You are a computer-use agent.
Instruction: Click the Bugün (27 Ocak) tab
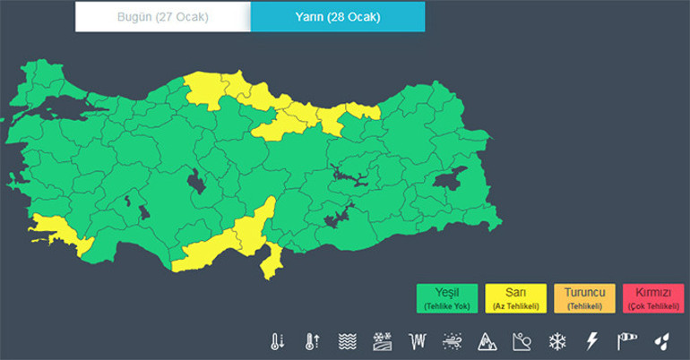coord(162,17)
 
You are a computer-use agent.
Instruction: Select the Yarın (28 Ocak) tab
coord(337,17)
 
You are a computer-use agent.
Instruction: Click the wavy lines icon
coord(348,341)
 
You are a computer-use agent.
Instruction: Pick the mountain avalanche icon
coord(487,341)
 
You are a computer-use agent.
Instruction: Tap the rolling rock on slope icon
coord(522,341)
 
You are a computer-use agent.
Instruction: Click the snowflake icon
coord(557,341)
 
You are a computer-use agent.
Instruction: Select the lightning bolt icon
coord(591,341)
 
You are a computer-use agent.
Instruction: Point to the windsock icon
coord(626,341)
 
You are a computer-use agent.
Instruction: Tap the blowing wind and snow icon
coord(453,341)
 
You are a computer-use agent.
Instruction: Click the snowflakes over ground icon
coord(383,341)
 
